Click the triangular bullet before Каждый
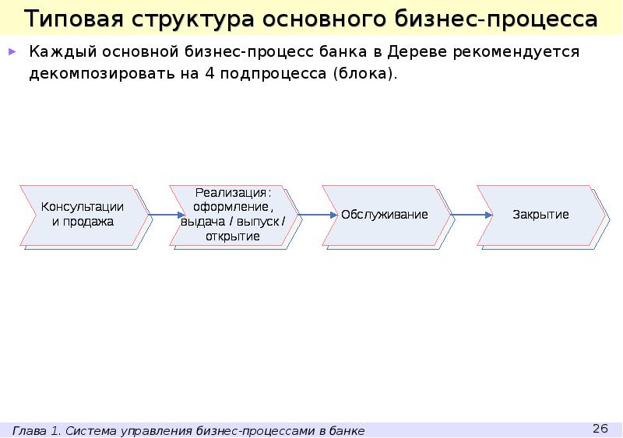pyautogui.click(x=12, y=53)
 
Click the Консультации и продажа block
pyautogui.click(x=83, y=214)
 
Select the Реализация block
pyautogui.click(x=233, y=214)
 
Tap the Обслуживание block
pyautogui.click(x=385, y=214)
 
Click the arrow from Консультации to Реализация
pyautogui.click(x=157, y=215)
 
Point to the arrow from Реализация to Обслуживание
pyautogui.click(x=310, y=215)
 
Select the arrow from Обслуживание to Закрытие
pyautogui.click(x=465, y=215)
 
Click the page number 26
pyautogui.click(x=600, y=429)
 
